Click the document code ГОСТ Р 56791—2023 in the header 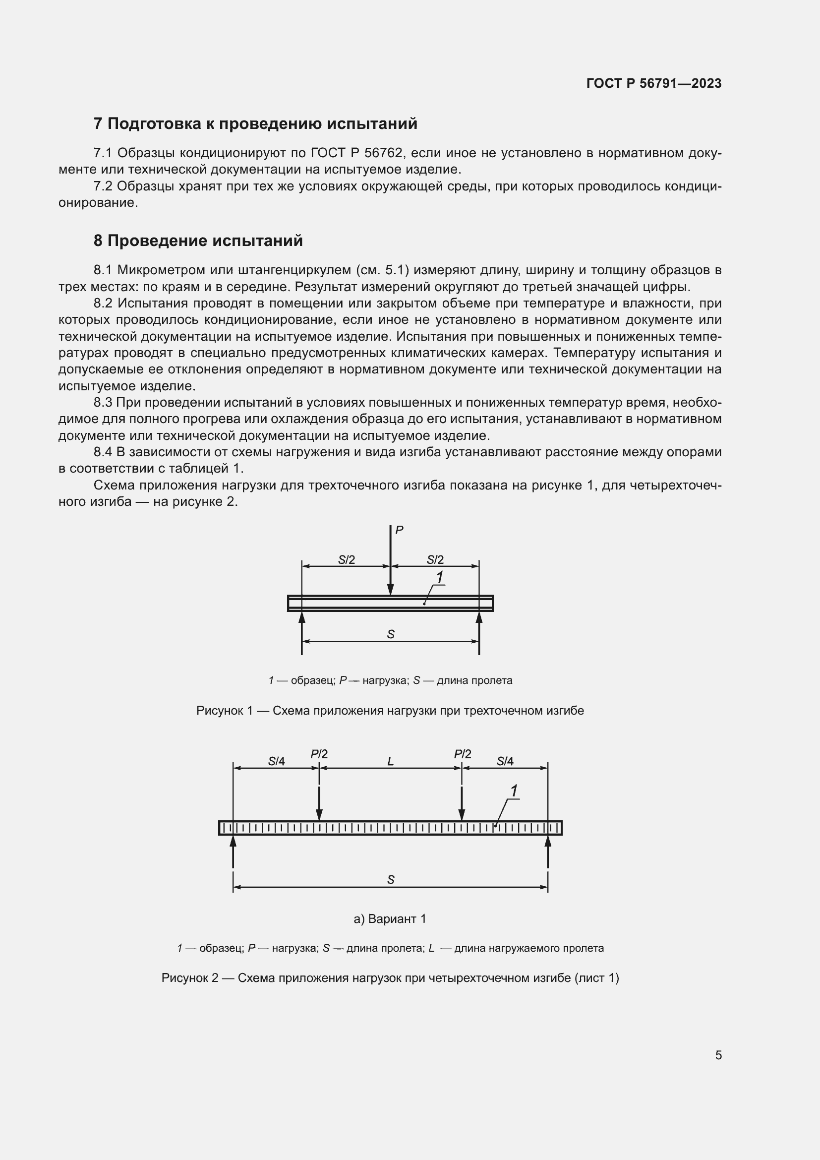click(654, 83)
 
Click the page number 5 click(718, 1055)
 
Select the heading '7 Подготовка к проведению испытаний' click(255, 124)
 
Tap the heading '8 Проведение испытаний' click(198, 241)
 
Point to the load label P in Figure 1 click(399, 530)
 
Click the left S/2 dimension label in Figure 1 click(347, 560)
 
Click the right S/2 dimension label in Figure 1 click(435, 560)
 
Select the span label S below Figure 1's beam click(390, 635)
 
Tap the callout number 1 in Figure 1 click(439, 577)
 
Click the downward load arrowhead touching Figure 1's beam click(390, 590)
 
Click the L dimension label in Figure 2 click(390, 761)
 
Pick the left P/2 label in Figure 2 click(319, 754)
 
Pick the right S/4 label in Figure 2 click(505, 761)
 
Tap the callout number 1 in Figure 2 click(514, 791)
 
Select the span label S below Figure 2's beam click(390, 880)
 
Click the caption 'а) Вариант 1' click(390, 919)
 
